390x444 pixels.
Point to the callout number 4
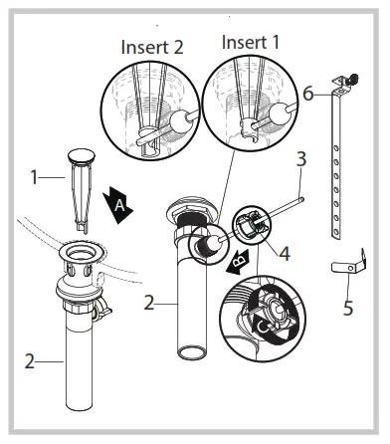click(284, 255)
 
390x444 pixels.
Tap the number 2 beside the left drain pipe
click(30, 362)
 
